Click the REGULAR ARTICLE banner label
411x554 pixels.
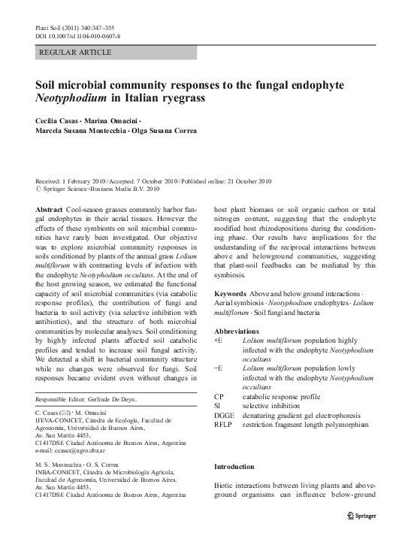[74, 53]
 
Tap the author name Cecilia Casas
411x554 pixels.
[59, 120]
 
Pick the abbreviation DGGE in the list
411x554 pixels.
[225, 416]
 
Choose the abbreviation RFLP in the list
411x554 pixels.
[225, 425]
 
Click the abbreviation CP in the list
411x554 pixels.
[219, 396]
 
